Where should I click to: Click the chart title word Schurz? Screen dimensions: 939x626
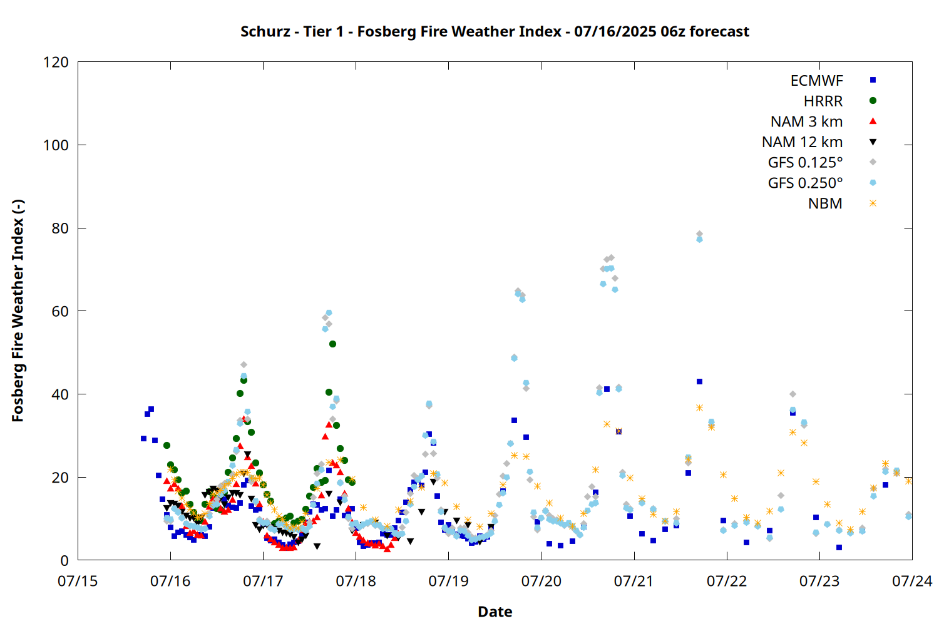pyautogui.click(x=265, y=32)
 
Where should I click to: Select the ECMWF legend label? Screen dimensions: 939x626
pyautogui.click(x=816, y=81)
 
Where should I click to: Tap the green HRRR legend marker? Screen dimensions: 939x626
pyautogui.click(x=873, y=101)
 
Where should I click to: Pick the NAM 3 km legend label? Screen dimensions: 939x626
pyautogui.click(x=806, y=121)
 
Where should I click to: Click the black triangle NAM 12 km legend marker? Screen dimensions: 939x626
pyautogui.click(x=873, y=142)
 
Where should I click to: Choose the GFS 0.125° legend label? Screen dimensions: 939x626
pyautogui.click(x=805, y=162)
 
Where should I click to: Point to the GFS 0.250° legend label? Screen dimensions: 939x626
pyautogui.click(x=805, y=183)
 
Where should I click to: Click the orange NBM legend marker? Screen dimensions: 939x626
pyautogui.click(x=873, y=203)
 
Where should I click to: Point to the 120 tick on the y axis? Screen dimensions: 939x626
pyautogui.click(x=56, y=62)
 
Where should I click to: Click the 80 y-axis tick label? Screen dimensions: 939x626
pyautogui.click(x=60, y=228)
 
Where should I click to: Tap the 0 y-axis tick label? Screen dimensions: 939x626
pyautogui.click(x=64, y=560)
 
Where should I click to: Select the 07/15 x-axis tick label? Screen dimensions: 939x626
pyautogui.click(x=78, y=581)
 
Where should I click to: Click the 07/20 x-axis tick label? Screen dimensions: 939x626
pyautogui.click(x=541, y=581)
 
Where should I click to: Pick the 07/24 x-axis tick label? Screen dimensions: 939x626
pyautogui.click(x=912, y=581)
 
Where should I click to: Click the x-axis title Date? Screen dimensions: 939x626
pyautogui.click(x=495, y=612)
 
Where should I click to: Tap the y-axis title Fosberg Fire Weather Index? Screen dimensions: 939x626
pyautogui.click(x=18, y=310)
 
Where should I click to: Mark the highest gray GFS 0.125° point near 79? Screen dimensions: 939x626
pyautogui.click(x=699, y=234)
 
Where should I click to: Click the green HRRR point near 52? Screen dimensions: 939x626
pyautogui.click(x=332, y=344)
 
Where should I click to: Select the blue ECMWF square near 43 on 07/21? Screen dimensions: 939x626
pyautogui.click(x=699, y=382)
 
